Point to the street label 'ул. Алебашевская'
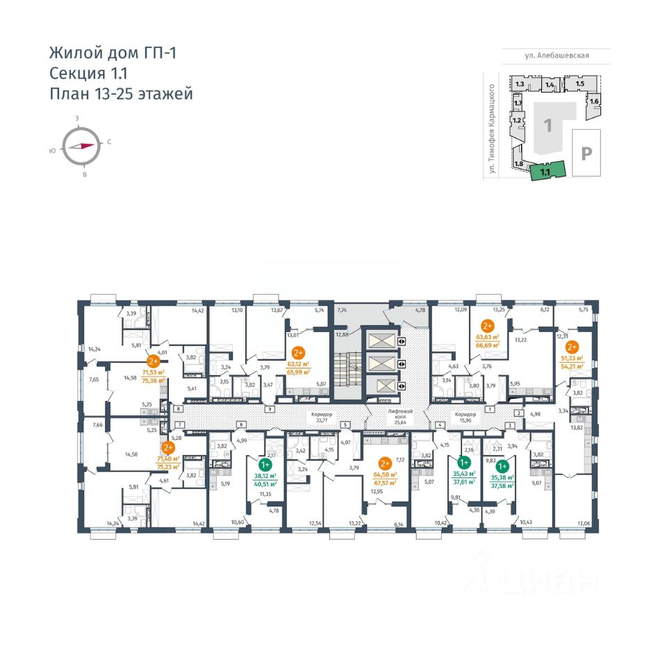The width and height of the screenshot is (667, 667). (x=557, y=56)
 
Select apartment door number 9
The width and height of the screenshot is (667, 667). (x=267, y=410)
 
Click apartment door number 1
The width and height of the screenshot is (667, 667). (x=489, y=410)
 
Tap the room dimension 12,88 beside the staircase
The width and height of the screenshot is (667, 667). (x=340, y=335)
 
